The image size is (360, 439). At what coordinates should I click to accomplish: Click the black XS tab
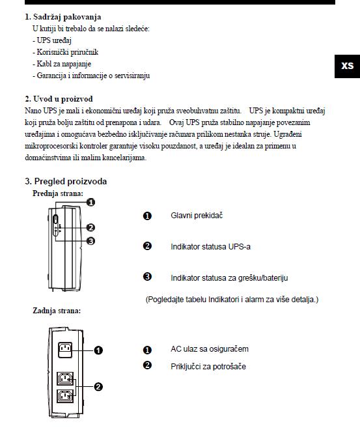click(x=347, y=66)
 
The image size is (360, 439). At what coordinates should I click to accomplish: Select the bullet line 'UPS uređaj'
click(x=52, y=40)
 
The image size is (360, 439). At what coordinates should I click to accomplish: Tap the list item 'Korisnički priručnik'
click(x=66, y=52)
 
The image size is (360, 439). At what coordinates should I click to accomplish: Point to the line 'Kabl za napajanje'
click(x=62, y=64)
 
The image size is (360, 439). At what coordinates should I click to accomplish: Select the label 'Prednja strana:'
click(x=58, y=193)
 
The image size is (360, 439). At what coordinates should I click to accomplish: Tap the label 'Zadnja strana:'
click(x=57, y=311)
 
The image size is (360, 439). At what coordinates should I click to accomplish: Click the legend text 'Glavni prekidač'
click(x=197, y=216)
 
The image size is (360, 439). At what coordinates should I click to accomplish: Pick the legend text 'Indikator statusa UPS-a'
click(x=210, y=247)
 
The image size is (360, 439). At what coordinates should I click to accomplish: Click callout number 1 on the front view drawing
click(x=90, y=202)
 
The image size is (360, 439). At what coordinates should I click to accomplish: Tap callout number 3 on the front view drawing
click(x=90, y=241)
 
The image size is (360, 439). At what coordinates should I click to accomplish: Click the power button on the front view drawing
click(x=56, y=219)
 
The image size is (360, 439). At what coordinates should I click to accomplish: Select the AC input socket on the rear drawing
click(x=65, y=350)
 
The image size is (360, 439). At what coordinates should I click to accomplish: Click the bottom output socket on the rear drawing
click(x=65, y=396)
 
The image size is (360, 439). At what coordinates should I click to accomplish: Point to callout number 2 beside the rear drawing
click(x=98, y=387)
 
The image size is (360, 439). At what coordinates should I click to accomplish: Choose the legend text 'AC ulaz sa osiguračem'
click(x=210, y=349)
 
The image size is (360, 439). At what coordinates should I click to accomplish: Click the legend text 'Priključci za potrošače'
click(x=208, y=367)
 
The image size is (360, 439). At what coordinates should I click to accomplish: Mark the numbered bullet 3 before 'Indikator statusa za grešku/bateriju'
click(x=147, y=277)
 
